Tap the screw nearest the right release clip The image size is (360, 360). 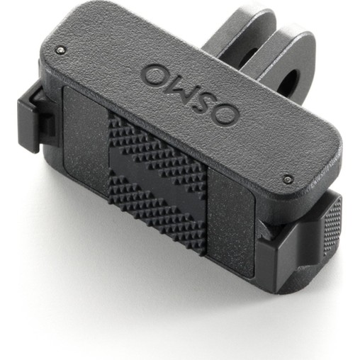287,179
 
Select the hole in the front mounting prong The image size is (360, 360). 288,82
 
